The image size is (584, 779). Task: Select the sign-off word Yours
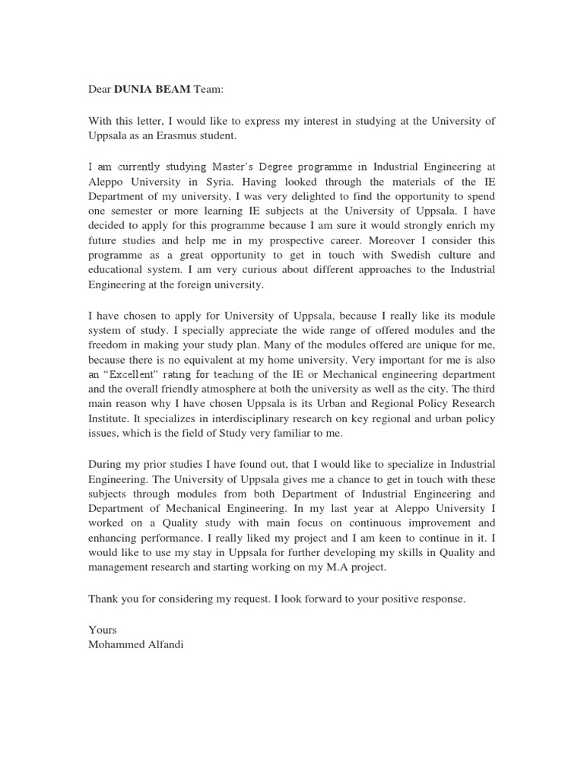(x=102, y=629)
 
